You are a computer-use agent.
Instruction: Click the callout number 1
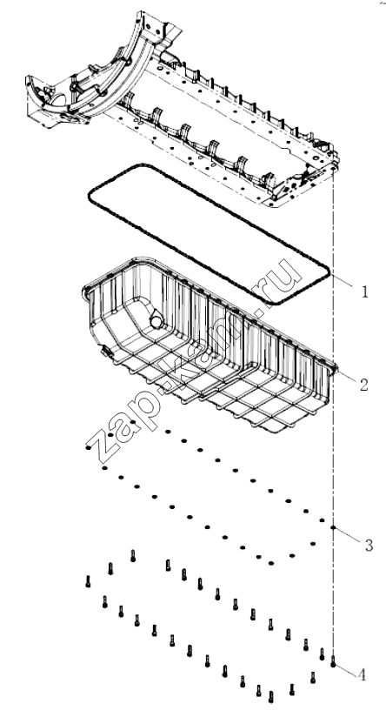pyautogui.click(x=364, y=291)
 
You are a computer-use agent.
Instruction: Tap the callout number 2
pyautogui.click(x=363, y=385)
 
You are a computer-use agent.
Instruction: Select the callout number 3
pyautogui.click(x=369, y=545)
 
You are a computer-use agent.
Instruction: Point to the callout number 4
pyautogui.click(x=363, y=675)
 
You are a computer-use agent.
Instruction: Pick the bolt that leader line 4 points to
pyautogui.click(x=333, y=661)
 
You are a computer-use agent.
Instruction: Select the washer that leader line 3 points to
pyautogui.click(x=334, y=528)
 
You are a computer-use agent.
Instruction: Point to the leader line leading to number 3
pyautogui.click(x=349, y=534)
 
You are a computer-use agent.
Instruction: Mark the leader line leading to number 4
pyautogui.click(x=345, y=669)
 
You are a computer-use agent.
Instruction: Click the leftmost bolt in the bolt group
pyautogui.click(x=88, y=581)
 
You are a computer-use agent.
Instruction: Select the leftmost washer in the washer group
pyautogui.click(x=88, y=447)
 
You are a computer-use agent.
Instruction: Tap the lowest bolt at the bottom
pyautogui.click(x=271, y=697)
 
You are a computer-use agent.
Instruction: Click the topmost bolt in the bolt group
pyautogui.click(x=133, y=555)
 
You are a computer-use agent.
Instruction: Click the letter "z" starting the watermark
pyautogui.click(x=102, y=446)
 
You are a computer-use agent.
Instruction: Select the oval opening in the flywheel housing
pyautogui.click(x=58, y=100)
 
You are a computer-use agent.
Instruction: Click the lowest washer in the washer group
pyautogui.click(x=271, y=563)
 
